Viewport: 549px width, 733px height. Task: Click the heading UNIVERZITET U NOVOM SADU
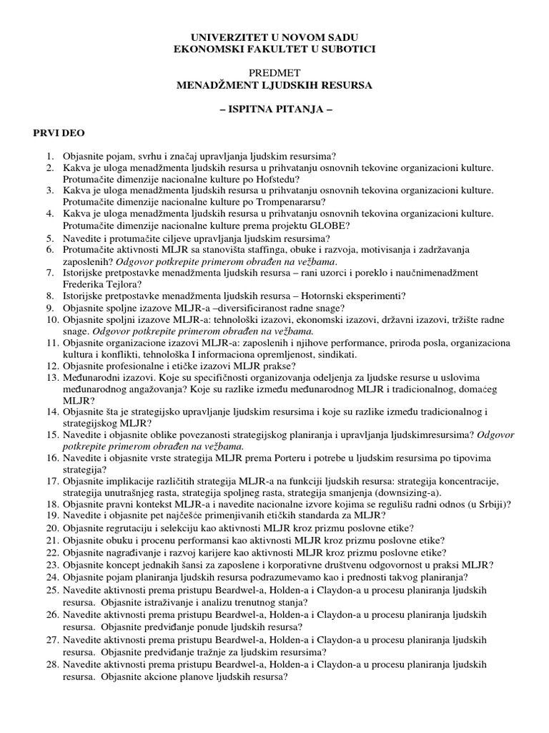pyautogui.click(x=274, y=37)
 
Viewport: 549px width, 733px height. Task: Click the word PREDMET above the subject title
pyautogui.click(x=274, y=73)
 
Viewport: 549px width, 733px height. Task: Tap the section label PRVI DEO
pyautogui.click(x=54, y=134)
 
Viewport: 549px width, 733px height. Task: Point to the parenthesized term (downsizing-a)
pyautogui.click(x=408, y=492)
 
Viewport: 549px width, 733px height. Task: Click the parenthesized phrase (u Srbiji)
pyautogui.click(x=488, y=503)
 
